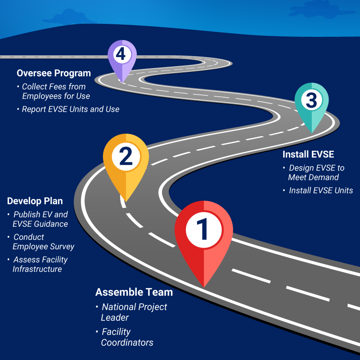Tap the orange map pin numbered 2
click(126, 157)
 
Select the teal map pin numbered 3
click(311, 101)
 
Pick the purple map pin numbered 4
click(121, 56)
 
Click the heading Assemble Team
click(134, 292)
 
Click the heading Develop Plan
click(35, 201)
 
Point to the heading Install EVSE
click(308, 154)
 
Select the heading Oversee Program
click(54, 73)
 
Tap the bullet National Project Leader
click(134, 312)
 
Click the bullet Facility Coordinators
click(127, 337)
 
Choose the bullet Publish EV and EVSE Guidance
click(40, 219)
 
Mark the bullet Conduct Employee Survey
click(43, 242)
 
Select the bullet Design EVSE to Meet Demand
click(316, 172)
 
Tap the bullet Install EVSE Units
click(320, 190)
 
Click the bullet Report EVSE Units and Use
click(71, 109)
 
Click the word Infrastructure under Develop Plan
click(37, 269)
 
